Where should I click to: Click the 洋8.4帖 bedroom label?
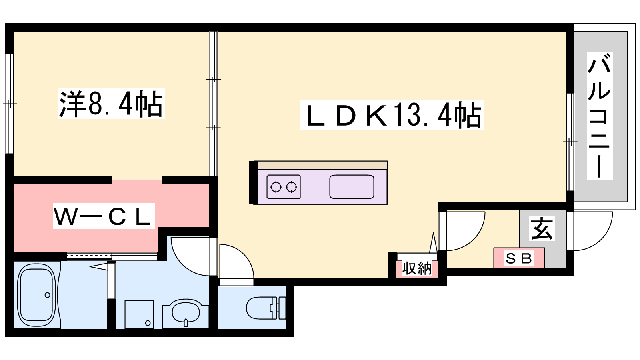pos(111,104)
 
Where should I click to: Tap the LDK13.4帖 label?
pos(392,115)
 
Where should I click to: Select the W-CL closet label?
pos(104,216)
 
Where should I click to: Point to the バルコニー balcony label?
pos(600,116)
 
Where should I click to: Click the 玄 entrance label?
pos(542,228)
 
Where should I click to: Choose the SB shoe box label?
pos(519,258)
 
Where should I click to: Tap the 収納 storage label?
pos(417,268)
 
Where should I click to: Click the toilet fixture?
pos(266,308)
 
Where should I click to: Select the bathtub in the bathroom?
pos(37,295)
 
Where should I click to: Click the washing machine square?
pos(139,314)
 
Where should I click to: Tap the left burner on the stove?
pos(276,187)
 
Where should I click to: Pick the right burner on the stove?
pos(292,187)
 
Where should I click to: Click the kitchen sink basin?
pos(352,187)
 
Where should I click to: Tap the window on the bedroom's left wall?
pos(10,104)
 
